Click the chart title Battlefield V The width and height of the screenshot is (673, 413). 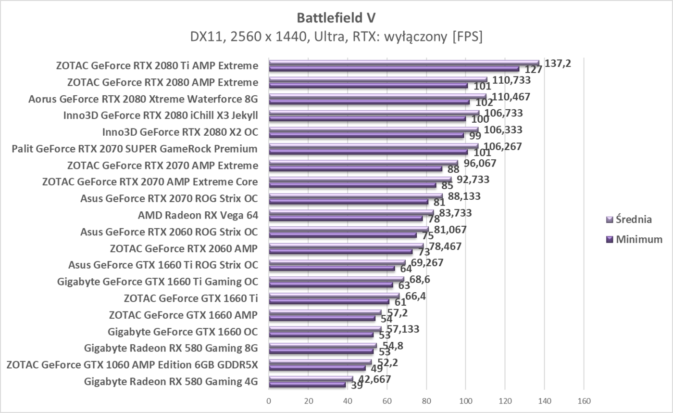336,18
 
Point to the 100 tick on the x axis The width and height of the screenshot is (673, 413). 465,400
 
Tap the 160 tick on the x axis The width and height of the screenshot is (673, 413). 583,400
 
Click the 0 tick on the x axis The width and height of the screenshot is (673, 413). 269,400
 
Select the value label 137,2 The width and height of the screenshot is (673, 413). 558,63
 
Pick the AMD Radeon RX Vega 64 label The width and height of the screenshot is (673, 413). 198,215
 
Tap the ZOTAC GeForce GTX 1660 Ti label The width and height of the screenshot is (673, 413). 190,298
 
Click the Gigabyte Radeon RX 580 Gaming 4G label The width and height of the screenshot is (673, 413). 171,382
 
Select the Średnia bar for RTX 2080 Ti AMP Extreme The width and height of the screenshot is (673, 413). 404,63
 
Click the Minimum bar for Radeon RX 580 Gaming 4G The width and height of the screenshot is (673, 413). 307,385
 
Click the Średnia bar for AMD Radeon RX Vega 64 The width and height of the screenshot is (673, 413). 351,212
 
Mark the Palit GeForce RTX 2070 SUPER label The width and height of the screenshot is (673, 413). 134,149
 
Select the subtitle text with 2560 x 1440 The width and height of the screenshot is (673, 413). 336,37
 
